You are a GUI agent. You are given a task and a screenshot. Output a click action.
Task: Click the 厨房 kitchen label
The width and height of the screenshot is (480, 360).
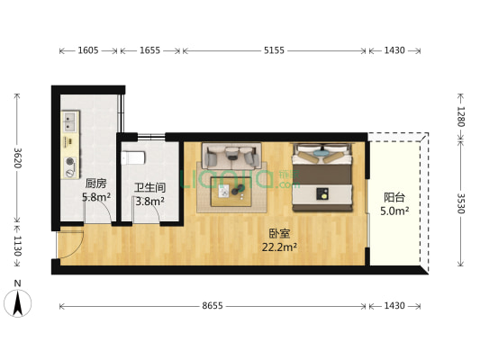click(72, 183)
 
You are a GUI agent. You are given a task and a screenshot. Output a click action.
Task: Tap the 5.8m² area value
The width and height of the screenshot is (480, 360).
click(72, 196)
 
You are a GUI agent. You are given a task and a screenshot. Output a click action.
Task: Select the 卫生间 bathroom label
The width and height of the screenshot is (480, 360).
click(149, 188)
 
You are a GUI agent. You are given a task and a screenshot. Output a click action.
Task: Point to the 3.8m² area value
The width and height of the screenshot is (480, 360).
click(149, 202)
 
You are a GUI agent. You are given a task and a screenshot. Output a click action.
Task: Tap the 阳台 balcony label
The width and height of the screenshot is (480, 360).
click(394, 197)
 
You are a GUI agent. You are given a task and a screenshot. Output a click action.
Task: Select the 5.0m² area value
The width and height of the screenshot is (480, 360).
click(394, 211)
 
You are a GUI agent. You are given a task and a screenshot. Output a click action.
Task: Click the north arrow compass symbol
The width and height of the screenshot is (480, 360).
click(18, 302)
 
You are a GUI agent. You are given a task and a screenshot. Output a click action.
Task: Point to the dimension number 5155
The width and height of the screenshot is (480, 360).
click(274, 51)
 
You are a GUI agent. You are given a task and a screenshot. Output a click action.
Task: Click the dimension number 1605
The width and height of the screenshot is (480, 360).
click(88, 51)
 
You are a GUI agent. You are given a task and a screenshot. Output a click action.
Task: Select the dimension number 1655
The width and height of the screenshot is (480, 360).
click(149, 51)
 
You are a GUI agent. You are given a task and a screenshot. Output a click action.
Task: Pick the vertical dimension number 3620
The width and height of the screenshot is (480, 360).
click(17, 158)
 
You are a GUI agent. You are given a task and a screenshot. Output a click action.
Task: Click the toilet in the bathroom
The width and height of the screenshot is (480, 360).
click(135, 157)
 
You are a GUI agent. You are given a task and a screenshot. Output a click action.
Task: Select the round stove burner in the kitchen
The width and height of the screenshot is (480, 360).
click(69, 164)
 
